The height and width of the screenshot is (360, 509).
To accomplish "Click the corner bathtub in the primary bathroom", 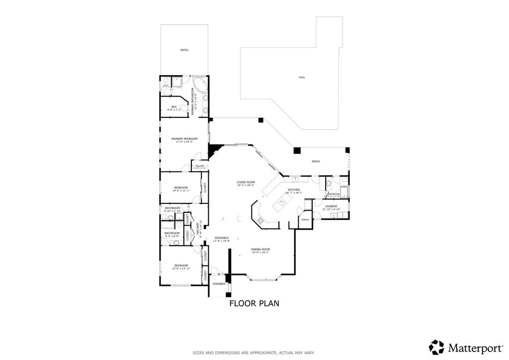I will click(x=200, y=85).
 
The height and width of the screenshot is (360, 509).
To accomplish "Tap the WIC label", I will click(x=174, y=106).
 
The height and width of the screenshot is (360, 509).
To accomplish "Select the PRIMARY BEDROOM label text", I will click(x=184, y=139).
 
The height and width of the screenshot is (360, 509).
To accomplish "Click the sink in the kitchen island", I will click(x=282, y=202).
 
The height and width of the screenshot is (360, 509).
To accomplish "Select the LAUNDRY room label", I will click(x=331, y=206).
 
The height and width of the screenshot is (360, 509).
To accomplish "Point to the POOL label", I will click(x=302, y=78).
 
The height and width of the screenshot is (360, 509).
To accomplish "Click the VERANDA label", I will click(x=218, y=284).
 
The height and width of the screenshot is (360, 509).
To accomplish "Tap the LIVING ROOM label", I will click(x=246, y=182).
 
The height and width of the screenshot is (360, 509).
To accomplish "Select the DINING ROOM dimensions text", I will click(x=260, y=253).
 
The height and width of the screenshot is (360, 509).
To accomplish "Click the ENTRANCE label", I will click(x=221, y=238).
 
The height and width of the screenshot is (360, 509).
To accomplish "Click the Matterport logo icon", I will click(x=436, y=347).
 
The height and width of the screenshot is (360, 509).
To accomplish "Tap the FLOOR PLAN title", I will click(x=254, y=303).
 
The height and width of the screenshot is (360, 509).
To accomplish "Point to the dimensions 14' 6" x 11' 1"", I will click(x=180, y=190).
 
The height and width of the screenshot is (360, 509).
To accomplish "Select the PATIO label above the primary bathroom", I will click(x=184, y=50).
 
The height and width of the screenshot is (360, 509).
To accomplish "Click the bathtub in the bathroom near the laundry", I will click(x=333, y=194).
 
